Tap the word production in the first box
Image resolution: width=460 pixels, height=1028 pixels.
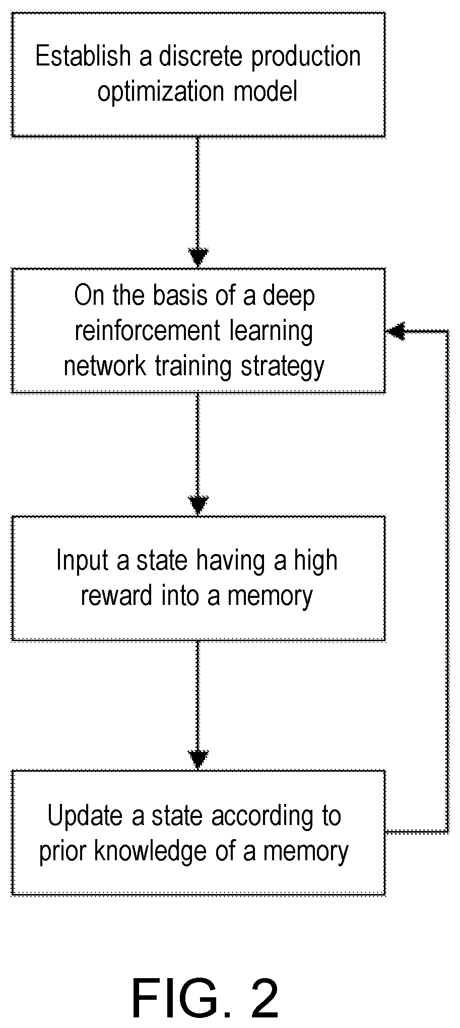pos(306,57)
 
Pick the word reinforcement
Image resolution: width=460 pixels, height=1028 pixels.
pos(148,331)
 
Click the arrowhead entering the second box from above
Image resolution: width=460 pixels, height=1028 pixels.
pos(198,257)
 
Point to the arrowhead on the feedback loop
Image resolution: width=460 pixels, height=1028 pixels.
pos(396,331)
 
